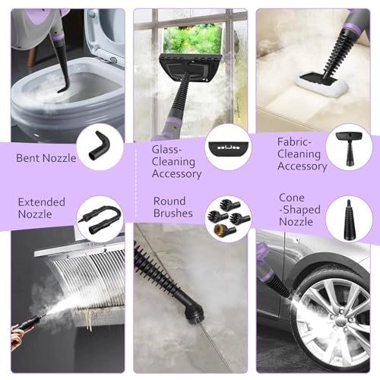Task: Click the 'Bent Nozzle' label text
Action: (x=46, y=158)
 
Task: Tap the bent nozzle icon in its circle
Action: (x=100, y=146)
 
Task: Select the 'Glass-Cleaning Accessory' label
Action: (x=176, y=162)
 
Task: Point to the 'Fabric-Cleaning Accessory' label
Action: (x=302, y=154)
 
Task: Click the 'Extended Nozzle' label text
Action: (x=42, y=208)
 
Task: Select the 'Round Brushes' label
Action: (x=173, y=207)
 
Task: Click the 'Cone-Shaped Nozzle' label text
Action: (x=299, y=210)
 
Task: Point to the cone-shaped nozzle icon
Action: (x=349, y=220)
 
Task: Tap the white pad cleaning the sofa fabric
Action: (x=322, y=84)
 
